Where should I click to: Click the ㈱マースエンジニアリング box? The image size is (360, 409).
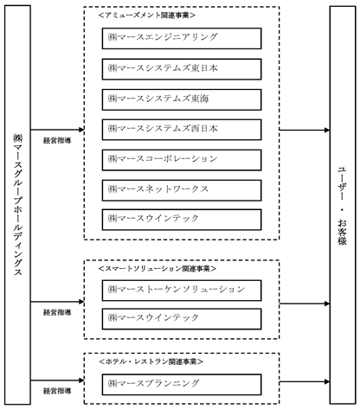tap(182, 38)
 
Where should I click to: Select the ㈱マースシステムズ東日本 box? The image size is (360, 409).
tap(182, 69)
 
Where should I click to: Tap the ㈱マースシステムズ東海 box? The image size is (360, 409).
tap(182, 99)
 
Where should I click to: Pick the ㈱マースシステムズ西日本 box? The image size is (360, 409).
tap(182, 130)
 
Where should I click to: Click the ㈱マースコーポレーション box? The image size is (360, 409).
tap(182, 160)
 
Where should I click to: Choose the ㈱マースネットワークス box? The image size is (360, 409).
tap(182, 190)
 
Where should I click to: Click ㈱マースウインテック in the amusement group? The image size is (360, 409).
tap(182, 220)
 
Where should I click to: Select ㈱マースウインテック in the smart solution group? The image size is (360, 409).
tap(182, 319)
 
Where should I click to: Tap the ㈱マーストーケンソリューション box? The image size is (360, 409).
tap(182, 291)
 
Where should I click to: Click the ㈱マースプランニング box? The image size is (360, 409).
tap(182, 385)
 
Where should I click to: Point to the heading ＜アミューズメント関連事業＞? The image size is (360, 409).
tap(147, 16)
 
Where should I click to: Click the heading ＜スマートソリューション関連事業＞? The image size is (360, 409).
tap(157, 269)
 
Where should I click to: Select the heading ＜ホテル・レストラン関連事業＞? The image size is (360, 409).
tap(151, 361)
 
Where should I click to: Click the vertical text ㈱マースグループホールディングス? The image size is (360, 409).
tap(18, 205)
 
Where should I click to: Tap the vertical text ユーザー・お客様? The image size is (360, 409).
tap(343, 206)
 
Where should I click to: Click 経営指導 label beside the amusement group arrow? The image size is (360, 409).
tap(57, 140)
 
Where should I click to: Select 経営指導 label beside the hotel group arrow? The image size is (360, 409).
tap(57, 391)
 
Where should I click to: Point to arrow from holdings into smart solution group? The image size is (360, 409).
tap(57, 302)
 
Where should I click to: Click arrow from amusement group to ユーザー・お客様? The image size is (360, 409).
tap(305, 130)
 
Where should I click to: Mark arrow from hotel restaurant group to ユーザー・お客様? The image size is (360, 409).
tap(305, 382)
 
